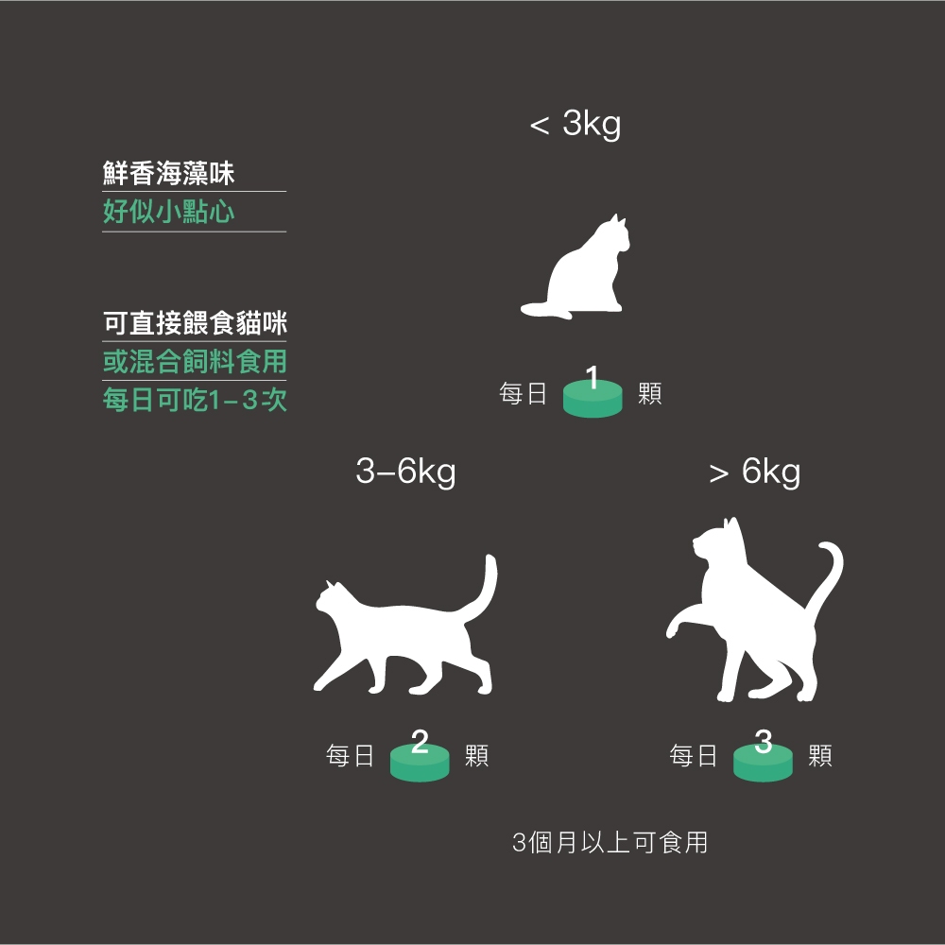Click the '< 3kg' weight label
pos(575,124)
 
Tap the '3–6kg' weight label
pos(405,472)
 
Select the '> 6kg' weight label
pos(754,472)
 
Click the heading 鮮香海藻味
pos(168,174)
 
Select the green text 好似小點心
pos(168,212)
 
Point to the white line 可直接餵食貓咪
pos(195,323)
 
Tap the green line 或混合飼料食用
pos(195,362)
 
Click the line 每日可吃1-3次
pos(195,400)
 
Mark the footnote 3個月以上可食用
pos(610,843)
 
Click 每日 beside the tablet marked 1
pos(523,393)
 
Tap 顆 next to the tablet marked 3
pos(820,756)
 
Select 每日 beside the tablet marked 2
pos(350,756)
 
